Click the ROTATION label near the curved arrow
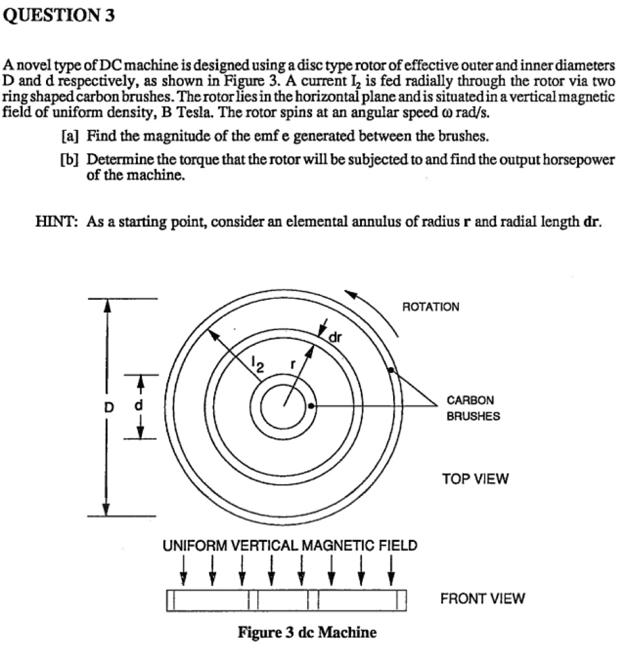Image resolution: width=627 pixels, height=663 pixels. (431, 306)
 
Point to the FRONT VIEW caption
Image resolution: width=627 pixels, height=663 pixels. (483, 599)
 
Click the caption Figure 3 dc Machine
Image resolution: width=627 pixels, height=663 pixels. (307, 632)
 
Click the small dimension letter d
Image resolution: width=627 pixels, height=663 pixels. (137, 407)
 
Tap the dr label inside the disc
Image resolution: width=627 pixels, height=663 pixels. (335, 337)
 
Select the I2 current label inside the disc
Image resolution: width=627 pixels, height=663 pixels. (257, 365)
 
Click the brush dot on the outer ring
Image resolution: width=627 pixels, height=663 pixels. (391, 370)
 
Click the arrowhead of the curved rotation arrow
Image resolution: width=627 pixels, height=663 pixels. (350, 295)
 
